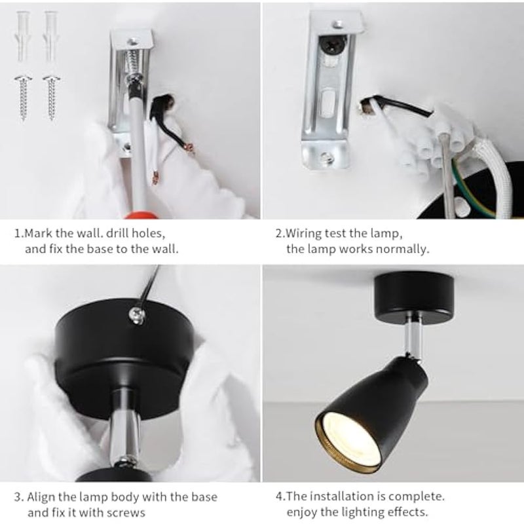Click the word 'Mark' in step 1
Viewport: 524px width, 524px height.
click(41, 233)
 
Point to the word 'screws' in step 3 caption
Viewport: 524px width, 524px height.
click(127, 513)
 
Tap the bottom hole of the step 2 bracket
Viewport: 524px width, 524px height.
click(326, 156)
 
